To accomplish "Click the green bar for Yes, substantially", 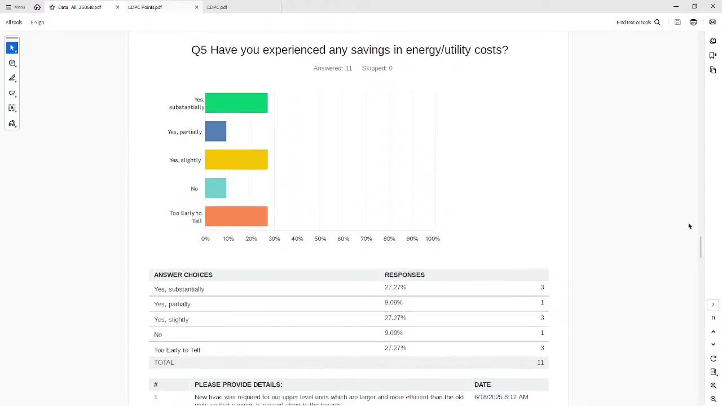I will point(236,103).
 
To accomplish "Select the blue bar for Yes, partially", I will point(215,131).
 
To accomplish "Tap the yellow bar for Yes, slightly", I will point(236,160).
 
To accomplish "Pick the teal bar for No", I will point(215,188).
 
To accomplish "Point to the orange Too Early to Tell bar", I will point(236,217).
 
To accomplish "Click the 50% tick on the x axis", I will point(320,239).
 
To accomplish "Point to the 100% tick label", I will point(433,239).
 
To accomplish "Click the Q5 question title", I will point(350,50).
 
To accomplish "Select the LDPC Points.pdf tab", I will point(145,7).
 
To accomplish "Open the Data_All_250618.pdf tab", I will point(80,7).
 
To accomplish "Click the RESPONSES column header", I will point(404,275).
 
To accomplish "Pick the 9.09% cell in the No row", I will point(394,333).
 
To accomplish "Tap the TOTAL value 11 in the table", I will point(540,363).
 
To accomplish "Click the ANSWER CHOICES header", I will point(183,275).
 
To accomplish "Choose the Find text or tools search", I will point(638,23).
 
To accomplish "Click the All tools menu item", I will point(14,23).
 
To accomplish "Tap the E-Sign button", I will point(37,23).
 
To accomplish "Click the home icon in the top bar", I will point(37,7).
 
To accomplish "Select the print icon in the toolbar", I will point(693,23).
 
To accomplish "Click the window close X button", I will point(713,7).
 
